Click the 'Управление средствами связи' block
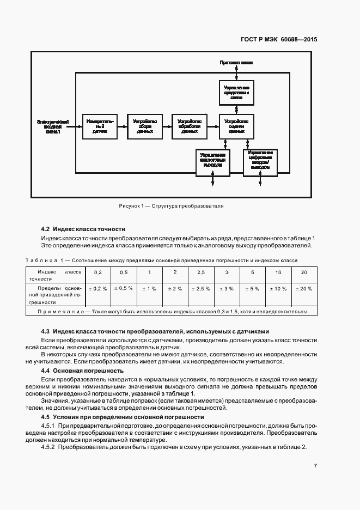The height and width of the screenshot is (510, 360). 236,92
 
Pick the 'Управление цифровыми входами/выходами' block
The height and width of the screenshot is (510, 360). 260,161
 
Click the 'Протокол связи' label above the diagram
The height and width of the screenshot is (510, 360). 236,63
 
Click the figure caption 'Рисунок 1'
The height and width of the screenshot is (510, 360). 171,207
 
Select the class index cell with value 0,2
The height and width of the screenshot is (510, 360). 98,272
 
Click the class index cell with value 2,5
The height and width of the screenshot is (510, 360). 201,272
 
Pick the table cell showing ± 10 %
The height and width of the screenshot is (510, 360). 278,289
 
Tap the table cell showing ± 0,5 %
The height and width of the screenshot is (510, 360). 124,288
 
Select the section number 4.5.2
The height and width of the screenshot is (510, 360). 48,447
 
